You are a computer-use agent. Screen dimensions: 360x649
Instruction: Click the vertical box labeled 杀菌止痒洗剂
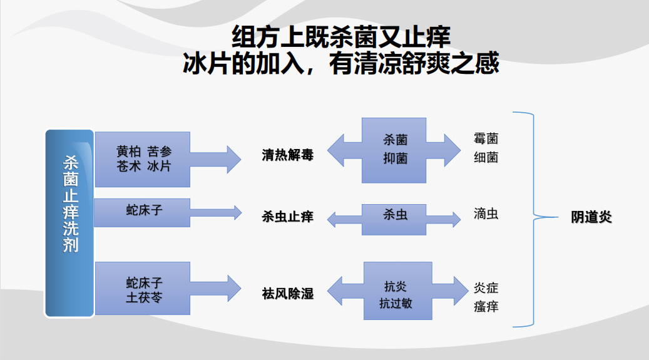(69, 223)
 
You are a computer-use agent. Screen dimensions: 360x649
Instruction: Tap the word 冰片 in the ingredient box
(159, 167)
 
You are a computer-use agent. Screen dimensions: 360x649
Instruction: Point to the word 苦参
(159, 152)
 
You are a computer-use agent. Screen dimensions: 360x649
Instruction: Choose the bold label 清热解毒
(287, 155)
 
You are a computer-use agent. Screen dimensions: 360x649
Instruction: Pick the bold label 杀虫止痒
(287, 217)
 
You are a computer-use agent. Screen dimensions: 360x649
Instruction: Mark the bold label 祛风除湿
(287, 294)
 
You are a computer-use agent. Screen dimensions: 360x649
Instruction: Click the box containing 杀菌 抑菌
(395, 150)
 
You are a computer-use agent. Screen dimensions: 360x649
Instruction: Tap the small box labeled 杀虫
(395, 215)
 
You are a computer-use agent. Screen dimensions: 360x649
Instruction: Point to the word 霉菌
(486, 138)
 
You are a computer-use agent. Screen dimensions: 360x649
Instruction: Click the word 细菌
(486, 157)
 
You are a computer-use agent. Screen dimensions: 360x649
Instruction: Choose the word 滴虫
(486, 214)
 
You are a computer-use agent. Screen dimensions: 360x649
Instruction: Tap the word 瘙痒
(486, 306)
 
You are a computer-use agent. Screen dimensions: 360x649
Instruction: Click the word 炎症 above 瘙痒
(486, 288)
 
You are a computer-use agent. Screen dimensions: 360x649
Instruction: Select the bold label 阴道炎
(591, 217)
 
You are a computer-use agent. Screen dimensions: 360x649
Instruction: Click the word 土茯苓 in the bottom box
(144, 297)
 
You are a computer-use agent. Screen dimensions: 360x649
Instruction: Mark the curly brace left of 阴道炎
(532, 219)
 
